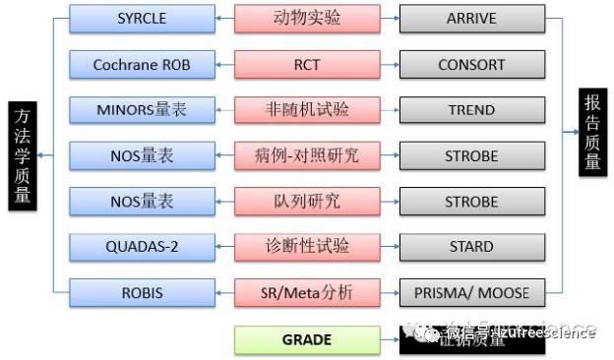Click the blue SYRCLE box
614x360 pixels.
tap(141, 20)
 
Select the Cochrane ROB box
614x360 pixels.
tap(141, 65)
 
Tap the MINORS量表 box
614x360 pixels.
tap(141, 110)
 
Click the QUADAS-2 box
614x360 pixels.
tap(141, 246)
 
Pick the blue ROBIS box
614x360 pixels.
tap(141, 292)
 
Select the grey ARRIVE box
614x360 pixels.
tap(471, 20)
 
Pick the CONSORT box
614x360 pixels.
tap(471, 65)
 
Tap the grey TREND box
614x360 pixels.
tap(471, 110)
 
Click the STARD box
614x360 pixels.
tap(471, 246)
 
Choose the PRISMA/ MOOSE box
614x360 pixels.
tap(471, 292)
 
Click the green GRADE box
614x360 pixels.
tap(307, 338)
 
